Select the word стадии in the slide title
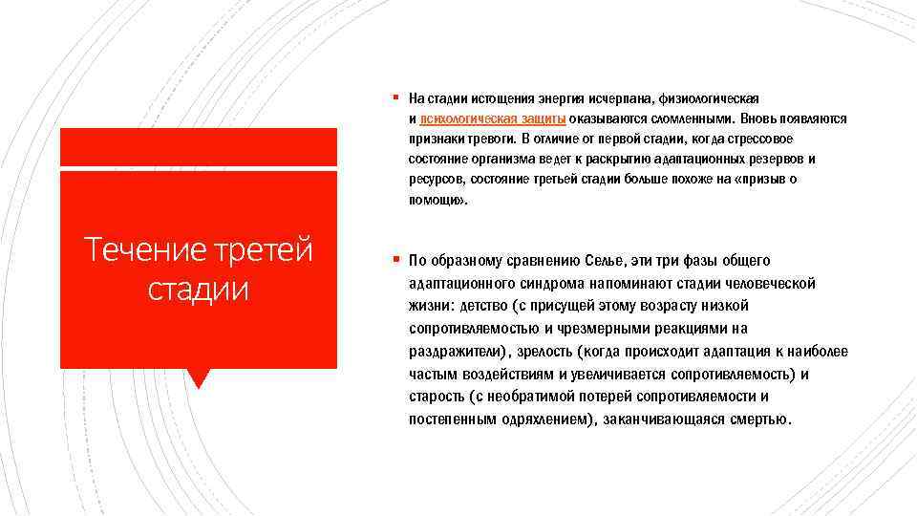click(x=198, y=288)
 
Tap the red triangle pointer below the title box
click(x=198, y=377)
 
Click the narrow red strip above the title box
click(x=198, y=147)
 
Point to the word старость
click(x=437, y=396)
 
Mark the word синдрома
click(x=538, y=284)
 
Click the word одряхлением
click(x=538, y=419)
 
